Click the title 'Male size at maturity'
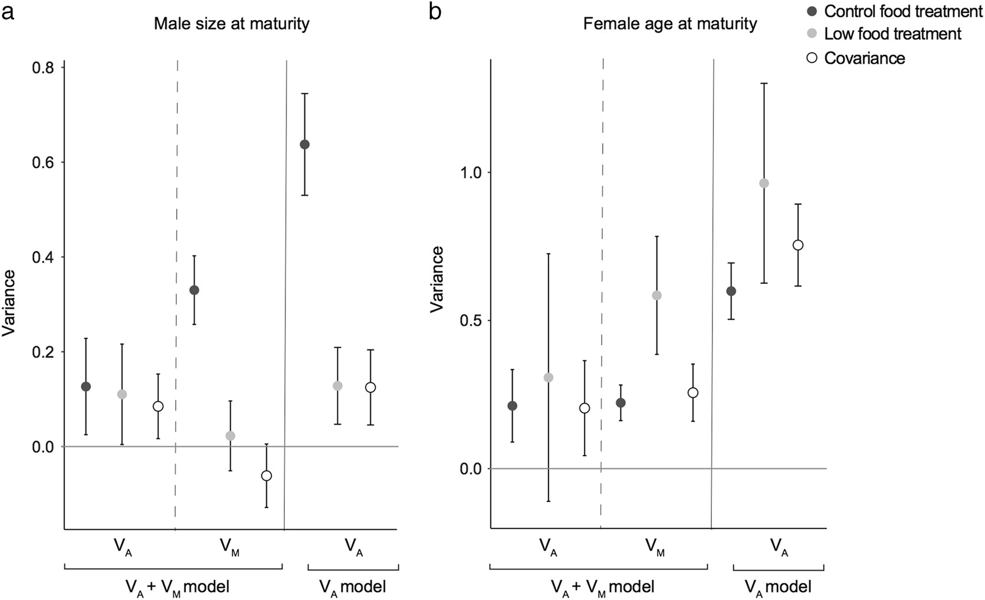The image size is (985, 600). click(231, 24)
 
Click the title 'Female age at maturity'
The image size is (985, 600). click(669, 24)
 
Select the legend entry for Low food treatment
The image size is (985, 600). click(892, 34)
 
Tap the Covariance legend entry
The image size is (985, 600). click(864, 58)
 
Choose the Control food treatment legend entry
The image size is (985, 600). click(903, 11)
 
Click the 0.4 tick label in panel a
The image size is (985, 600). click(41, 258)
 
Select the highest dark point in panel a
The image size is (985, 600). click(304, 145)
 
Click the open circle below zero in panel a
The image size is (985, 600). click(266, 476)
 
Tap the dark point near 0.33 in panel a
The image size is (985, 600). click(194, 290)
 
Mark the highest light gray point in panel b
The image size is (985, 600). click(764, 183)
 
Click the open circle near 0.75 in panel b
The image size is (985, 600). click(798, 245)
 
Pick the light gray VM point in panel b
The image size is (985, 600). click(656, 296)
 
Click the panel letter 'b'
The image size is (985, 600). click(435, 11)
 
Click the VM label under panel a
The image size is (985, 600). click(229, 547)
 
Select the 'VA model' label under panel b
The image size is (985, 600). click(777, 587)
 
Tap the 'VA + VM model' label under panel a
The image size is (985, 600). click(177, 587)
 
